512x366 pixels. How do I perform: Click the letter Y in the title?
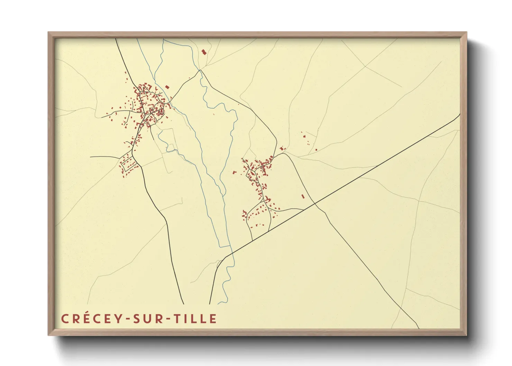pos(118,319)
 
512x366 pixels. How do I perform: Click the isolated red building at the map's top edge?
pos(204,52)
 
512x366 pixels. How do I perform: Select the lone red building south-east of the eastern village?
pos(303,196)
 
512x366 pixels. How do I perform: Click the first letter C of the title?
pos(64,319)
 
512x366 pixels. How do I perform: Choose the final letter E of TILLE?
pos(213,319)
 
